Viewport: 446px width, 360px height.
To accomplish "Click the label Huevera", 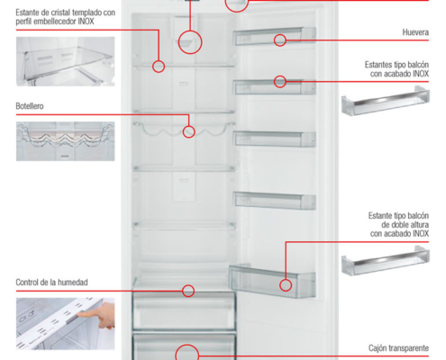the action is (415, 32).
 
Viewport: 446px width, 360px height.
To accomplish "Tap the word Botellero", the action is (30, 106).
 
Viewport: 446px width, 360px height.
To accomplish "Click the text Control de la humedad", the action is (51, 283).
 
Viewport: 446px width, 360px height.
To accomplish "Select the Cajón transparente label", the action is (398, 348).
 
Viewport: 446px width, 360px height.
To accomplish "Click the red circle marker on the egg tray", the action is (280, 35).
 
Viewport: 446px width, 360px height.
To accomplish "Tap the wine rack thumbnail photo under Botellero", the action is (65, 141).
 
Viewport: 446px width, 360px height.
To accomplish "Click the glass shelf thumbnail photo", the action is (65, 61).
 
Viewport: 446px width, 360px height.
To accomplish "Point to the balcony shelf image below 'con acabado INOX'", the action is (386, 101).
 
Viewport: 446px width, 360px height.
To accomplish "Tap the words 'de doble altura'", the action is (405, 225).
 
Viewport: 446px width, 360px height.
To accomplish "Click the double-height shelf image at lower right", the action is (386, 260).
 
